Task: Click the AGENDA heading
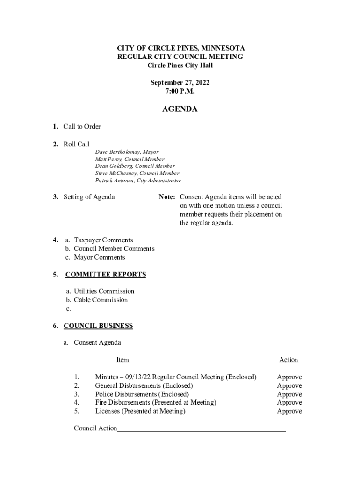pos(180,109)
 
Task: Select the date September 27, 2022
pos(180,83)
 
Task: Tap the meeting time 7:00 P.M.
pos(180,91)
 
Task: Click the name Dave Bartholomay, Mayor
pos(127,152)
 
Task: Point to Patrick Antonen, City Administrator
pos(138,180)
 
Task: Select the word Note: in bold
pos(166,197)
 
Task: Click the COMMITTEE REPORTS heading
pos(105,275)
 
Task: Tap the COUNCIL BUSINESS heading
pos(98,326)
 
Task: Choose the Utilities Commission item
pos(104,291)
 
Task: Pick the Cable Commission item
pos(101,300)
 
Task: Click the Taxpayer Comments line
pos(103,240)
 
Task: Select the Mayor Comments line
pos(99,257)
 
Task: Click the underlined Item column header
pos(122,360)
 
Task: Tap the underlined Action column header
pos(288,360)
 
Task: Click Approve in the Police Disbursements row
pos(289,394)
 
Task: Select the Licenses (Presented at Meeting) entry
pos(140,411)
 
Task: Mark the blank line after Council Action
pos(201,428)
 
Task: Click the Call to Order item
pos(82,127)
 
